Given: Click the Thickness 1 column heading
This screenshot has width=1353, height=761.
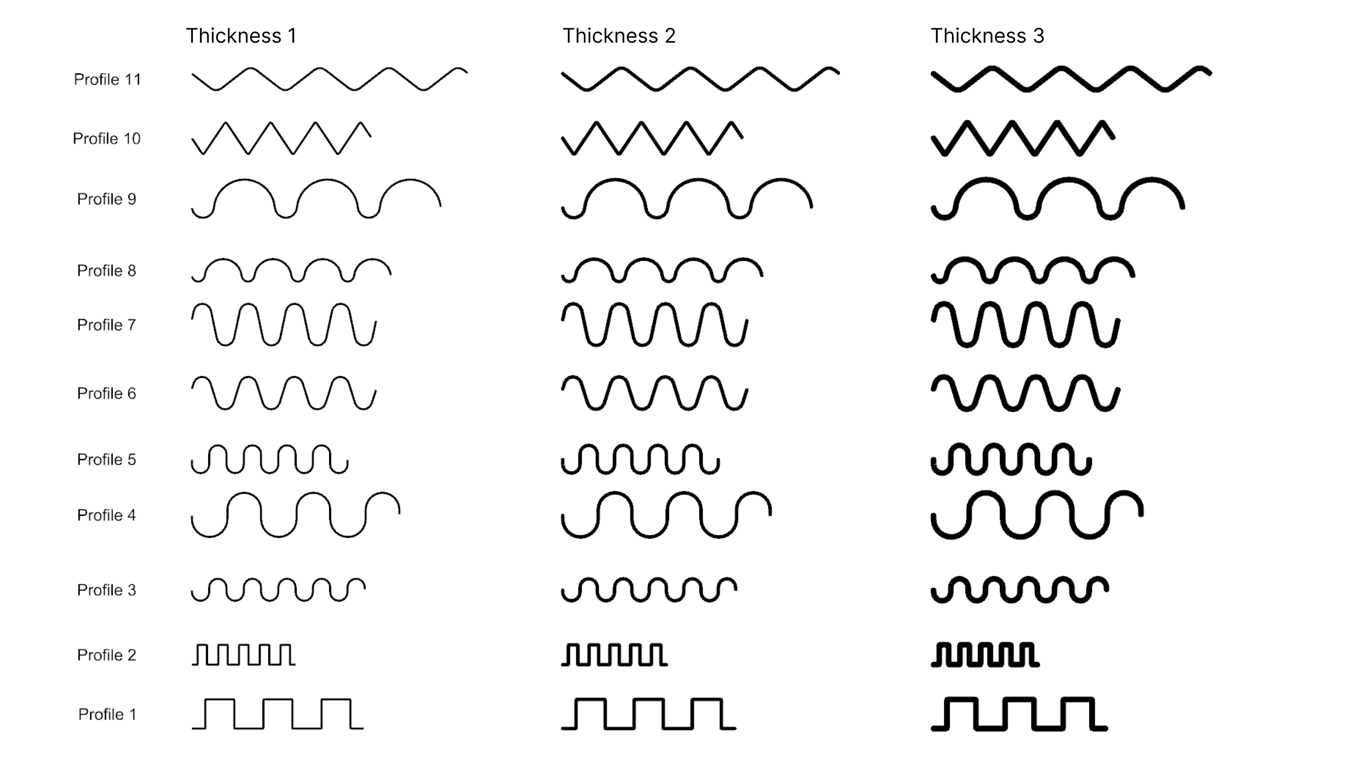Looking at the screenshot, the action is (241, 36).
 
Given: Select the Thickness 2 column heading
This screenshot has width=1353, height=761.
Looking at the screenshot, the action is (619, 36).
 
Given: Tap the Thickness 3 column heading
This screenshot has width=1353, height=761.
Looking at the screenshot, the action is (987, 36).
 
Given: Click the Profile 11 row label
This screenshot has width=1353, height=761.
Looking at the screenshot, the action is (107, 80).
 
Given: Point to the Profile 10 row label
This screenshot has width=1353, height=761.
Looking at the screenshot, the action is (107, 139).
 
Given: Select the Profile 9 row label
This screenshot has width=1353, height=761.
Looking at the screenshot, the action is (107, 199).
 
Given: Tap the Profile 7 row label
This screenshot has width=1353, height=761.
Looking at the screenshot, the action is (107, 325).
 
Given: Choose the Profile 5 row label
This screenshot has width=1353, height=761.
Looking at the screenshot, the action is (107, 459).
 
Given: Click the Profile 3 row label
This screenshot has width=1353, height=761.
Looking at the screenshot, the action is (107, 590).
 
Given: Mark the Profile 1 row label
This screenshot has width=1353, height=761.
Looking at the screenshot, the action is (107, 714).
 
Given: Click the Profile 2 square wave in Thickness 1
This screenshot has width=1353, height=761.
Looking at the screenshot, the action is (243, 655).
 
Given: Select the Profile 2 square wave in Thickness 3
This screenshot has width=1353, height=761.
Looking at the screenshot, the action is (985, 655).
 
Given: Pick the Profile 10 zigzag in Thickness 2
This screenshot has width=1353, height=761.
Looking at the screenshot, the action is (652, 138).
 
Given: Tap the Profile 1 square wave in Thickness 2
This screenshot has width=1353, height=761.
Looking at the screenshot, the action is (648, 714).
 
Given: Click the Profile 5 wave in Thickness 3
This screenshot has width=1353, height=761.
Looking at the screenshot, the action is (1011, 459).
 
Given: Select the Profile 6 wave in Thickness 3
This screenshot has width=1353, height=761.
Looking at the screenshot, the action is (1025, 393).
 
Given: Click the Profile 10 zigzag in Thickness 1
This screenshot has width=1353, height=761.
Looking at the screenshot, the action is (281, 138).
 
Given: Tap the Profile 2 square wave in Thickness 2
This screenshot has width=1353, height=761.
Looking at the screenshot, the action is (614, 655).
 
